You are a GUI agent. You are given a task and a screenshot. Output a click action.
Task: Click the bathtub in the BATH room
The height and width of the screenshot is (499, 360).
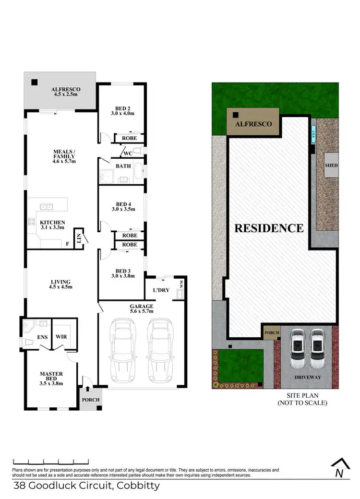coord(139,171)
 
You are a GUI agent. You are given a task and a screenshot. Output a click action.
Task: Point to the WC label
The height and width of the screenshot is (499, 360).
coord(128,154)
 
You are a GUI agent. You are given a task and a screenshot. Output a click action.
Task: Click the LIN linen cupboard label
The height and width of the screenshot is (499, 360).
coord(77,237)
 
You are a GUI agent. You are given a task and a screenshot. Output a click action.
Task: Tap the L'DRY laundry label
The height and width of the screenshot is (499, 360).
coord(160,291)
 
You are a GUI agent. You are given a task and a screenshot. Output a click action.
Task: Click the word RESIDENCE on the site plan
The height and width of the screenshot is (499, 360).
coord(269,228)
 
